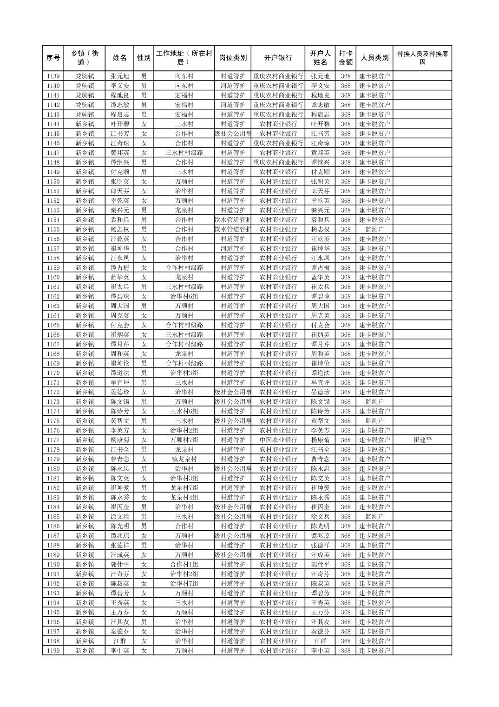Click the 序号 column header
[53, 58]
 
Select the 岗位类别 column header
[233, 58]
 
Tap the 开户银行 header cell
[278, 58]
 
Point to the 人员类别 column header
[374, 58]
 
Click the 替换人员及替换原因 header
[422, 58]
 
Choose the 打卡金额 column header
[345, 58]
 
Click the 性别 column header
[144, 58]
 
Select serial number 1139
[53, 76]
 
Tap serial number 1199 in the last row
[53, 651]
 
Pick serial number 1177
[53, 440]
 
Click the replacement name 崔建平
[422, 440]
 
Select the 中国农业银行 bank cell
[278, 440]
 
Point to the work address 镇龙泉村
[184, 459]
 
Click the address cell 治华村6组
[184, 296]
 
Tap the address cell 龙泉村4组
[184, 497]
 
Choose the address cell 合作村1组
[184, 564]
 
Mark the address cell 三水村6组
[184, 411]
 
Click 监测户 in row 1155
[374, 229]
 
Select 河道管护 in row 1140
[233, 86]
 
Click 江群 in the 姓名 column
[120, 641]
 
